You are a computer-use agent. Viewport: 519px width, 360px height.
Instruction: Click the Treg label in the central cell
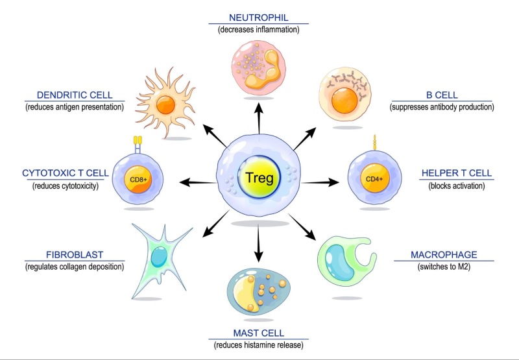(259, 176)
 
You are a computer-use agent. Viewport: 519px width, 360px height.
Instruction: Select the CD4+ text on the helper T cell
(373, 175)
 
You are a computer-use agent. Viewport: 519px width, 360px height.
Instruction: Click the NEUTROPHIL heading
(259, 18)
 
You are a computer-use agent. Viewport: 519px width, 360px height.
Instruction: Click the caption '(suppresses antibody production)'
(444, 107)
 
